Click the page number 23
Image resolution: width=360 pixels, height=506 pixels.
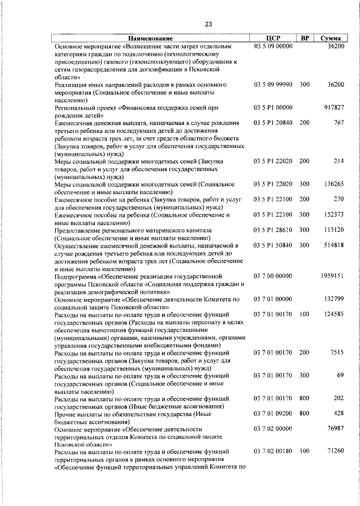pyautogui.click(x=209, y=24)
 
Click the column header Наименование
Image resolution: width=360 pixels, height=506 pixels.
pyautogui.click(x=148, y=38)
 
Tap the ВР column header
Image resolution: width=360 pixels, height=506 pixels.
pyautogui.click(x=304, y=38)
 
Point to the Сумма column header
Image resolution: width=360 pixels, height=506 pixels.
pyautogui.click(x=330, y=38)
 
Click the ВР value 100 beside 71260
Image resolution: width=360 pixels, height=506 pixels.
pyautogui.click(x=304, y=451)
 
